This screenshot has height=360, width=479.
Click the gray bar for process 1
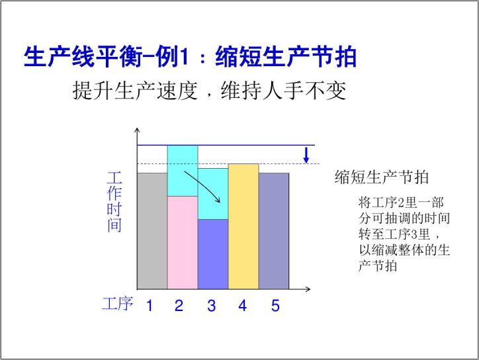(x=152, y=231)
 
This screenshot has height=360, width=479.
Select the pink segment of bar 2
(x=183, y=243)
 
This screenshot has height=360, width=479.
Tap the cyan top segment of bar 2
(x=183, y=171)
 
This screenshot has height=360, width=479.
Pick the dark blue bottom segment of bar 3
(x=213, y=254)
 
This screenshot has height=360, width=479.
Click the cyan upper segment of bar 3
(x=213, y=194)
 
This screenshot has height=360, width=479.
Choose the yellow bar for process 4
(x=243, y=226)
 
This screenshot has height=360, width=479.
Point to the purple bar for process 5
(x=274, y=231)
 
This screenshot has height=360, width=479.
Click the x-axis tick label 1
(x=150, y=306)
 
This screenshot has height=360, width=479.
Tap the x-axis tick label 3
(x=212, y=306)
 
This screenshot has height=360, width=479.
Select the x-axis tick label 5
(x=275, y=306)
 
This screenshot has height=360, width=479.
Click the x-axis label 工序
(x=118, y=304)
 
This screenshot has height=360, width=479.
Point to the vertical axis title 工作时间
(x=114, y=202)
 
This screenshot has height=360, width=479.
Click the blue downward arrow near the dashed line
(x=306, y=155)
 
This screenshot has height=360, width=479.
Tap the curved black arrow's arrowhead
(x=218, y=200)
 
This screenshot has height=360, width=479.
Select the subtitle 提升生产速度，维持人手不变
(x=209, y=91)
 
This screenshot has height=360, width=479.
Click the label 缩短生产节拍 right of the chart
(x=382, y=177)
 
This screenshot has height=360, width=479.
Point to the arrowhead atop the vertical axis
(x=138, y=130)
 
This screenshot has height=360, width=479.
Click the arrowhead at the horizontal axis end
(x=308, y=289)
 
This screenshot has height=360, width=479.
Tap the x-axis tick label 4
(x=243, y=306)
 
